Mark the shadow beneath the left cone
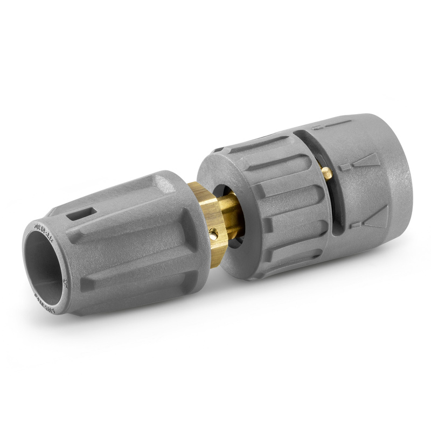135,323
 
